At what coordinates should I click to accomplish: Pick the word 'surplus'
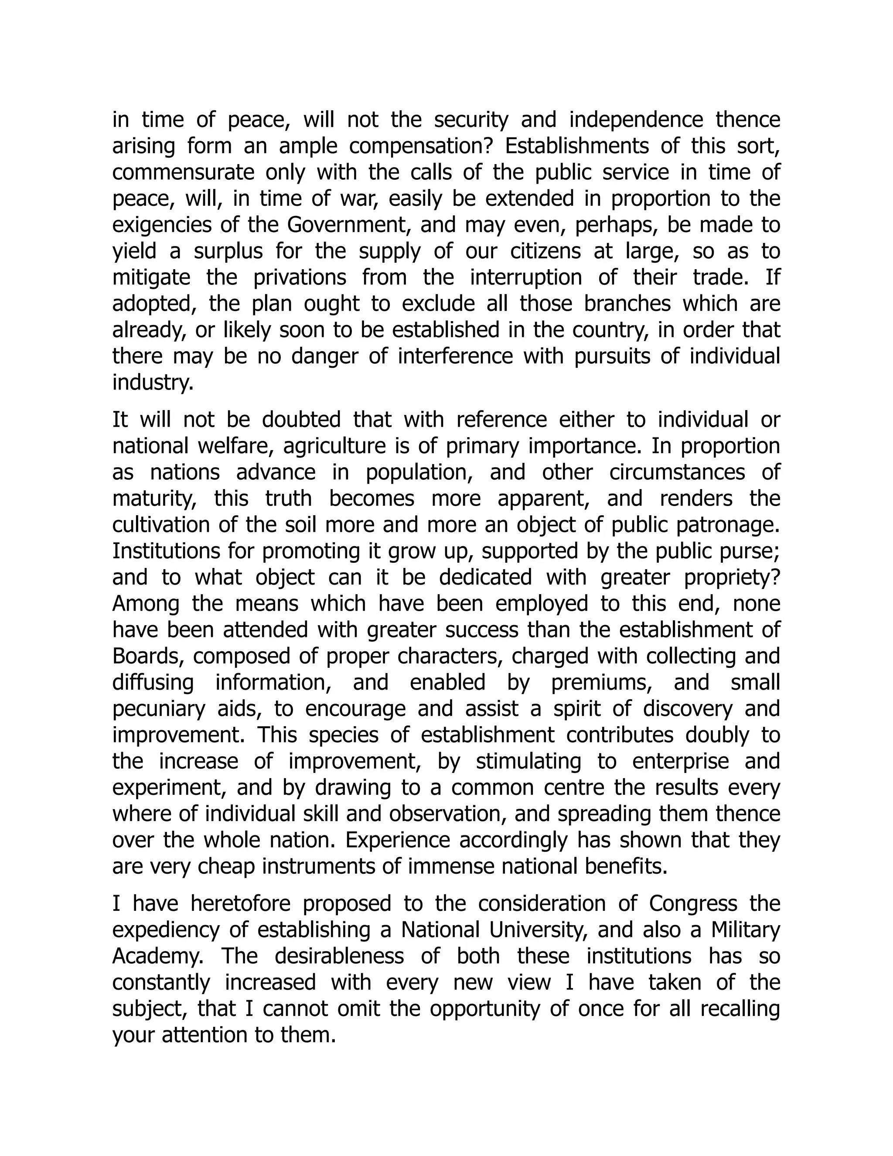(x=228, y=251)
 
